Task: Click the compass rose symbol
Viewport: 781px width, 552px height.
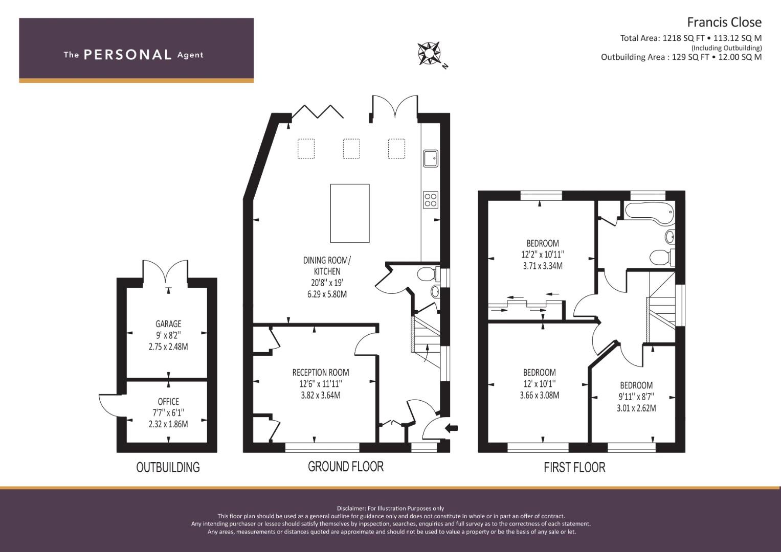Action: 429,54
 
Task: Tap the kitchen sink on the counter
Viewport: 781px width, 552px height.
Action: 431,158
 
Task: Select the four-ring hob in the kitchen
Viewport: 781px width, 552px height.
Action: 431,200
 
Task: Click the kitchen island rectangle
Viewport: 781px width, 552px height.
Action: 350,213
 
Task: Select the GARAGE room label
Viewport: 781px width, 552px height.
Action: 168,324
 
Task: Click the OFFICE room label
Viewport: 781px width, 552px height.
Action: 168,401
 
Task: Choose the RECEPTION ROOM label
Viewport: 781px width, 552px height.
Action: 320,372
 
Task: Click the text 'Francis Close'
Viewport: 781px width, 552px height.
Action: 724,22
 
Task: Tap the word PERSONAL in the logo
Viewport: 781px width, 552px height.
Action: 128,55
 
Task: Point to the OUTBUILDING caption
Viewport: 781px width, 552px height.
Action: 168,467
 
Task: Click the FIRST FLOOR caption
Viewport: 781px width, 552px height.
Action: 574,467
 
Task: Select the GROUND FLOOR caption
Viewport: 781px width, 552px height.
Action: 346,466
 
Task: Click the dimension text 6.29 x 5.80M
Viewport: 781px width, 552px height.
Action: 327,294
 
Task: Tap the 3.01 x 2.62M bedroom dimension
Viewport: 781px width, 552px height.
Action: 636,408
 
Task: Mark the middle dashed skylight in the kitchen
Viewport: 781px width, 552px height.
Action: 351,149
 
